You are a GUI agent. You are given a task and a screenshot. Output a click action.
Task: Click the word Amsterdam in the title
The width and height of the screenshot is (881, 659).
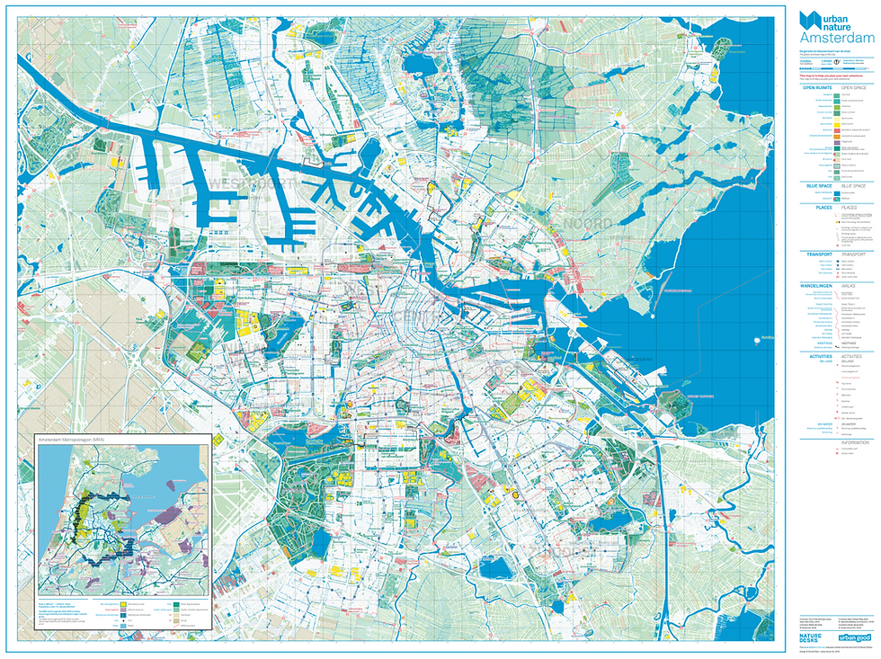(x=836, y=40)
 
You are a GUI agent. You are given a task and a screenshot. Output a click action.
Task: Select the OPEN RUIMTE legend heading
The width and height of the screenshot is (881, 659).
(x=817, y=88)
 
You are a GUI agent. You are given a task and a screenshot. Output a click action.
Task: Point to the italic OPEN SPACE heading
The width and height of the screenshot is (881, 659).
(x=854, y=88)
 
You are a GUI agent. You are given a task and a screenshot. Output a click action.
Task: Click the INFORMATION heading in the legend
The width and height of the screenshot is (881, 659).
(x=855, y=442)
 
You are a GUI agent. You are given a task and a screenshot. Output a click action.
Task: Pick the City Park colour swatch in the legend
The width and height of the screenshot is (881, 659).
(x=837, y=95)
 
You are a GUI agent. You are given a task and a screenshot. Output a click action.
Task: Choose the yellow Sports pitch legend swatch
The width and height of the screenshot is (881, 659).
(x=837, y=124)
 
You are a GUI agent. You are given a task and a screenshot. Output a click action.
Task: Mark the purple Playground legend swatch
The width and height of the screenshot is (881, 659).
(x=837, y=142)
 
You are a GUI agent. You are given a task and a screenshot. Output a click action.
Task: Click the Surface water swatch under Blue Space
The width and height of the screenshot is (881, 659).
(x=837, y=193)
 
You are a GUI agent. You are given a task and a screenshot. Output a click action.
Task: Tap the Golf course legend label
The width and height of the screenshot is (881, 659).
(x=850, y=177)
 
